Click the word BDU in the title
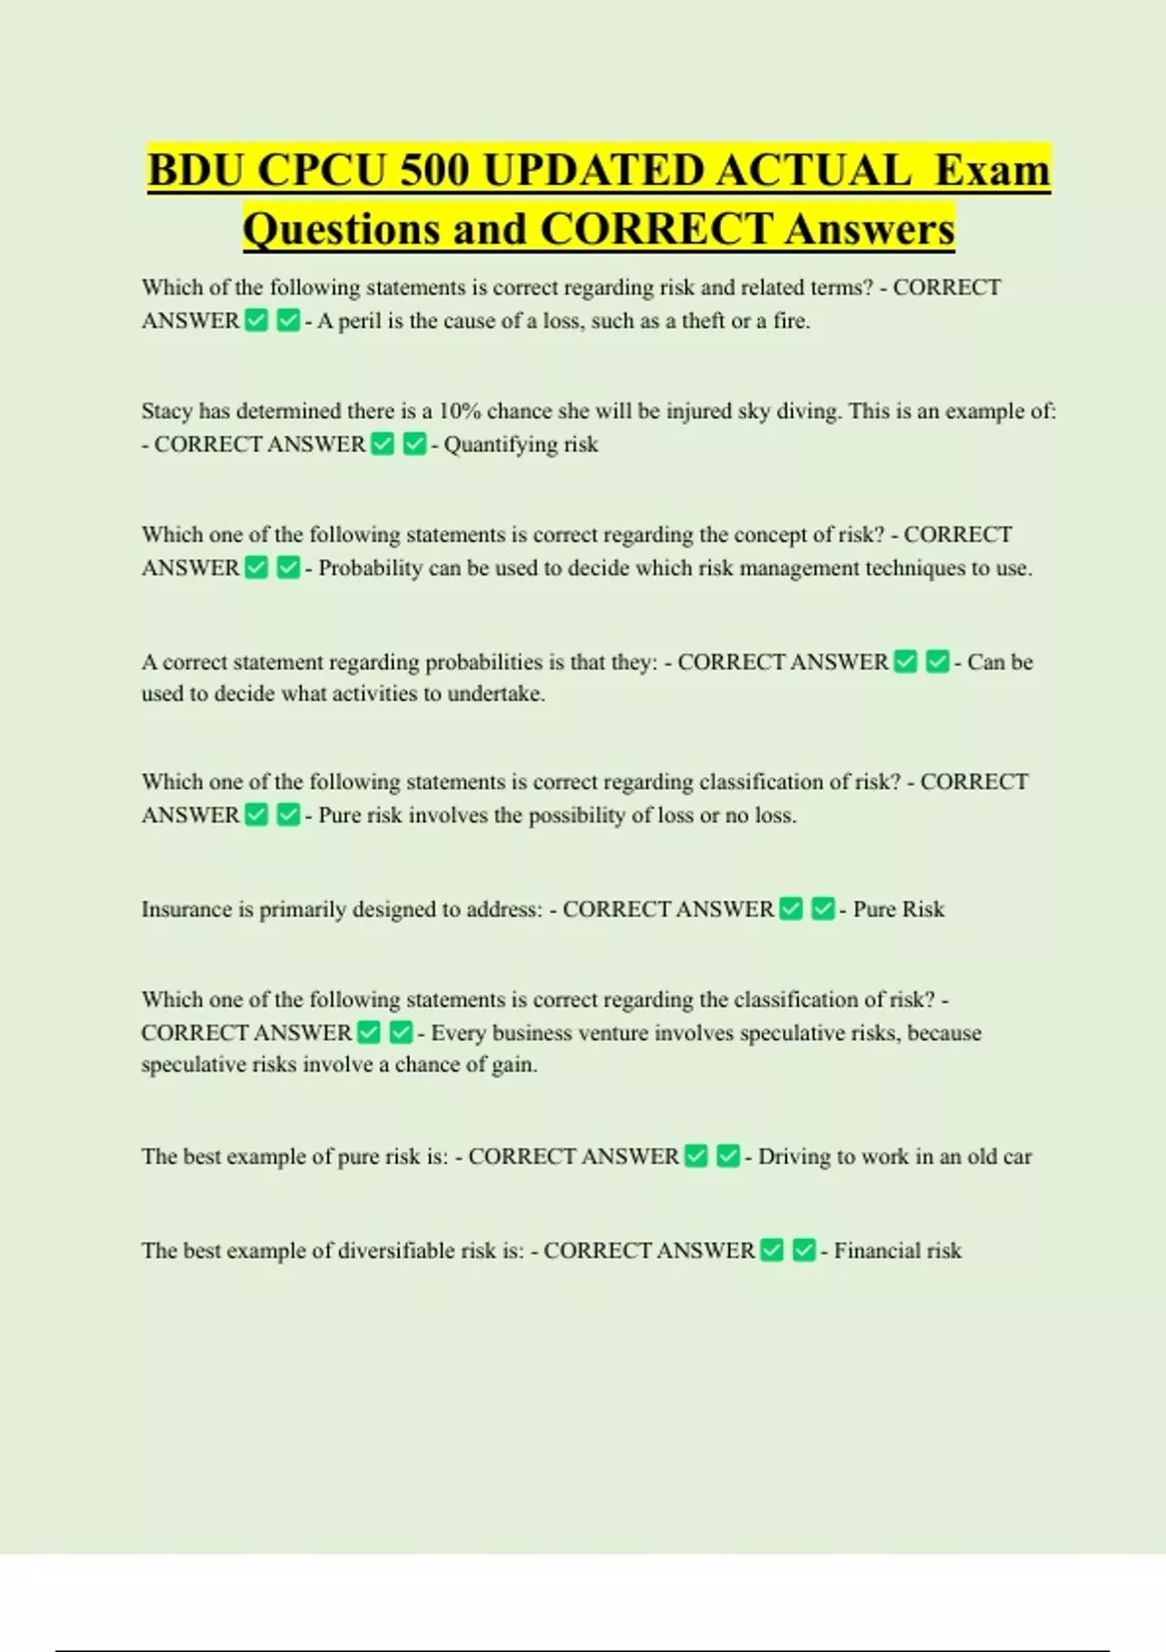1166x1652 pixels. coord(195,171)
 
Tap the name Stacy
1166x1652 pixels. coord(167,411)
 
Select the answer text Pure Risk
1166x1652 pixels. coord(898,910)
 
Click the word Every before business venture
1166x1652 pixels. coord(458,1033)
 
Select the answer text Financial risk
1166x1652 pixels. coord(897,1251)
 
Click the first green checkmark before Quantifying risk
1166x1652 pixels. coord(383,444)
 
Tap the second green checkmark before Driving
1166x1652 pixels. coord(728,1155)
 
